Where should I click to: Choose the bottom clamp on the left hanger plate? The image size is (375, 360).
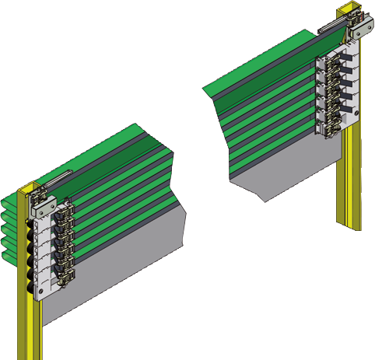click(x=63, y=284)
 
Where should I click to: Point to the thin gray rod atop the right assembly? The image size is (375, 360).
click(x=331, y=26)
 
